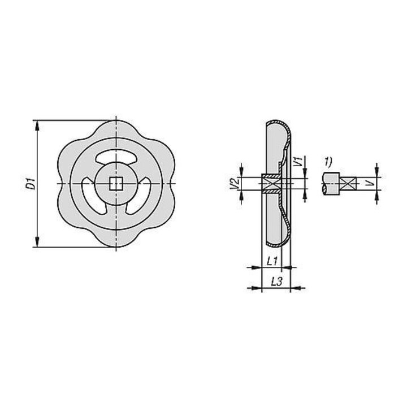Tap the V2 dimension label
pyautogui.click(x=235, y=184)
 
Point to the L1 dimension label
pyautogui.click(x=273, y=261)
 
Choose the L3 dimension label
pyautogui.click(x=276, y=282)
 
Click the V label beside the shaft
pyautogui.click(x=371, y=183)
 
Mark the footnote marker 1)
pyautogui.click(x=328, y=162)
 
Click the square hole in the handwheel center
pyautogui.click(x=116, y=184)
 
